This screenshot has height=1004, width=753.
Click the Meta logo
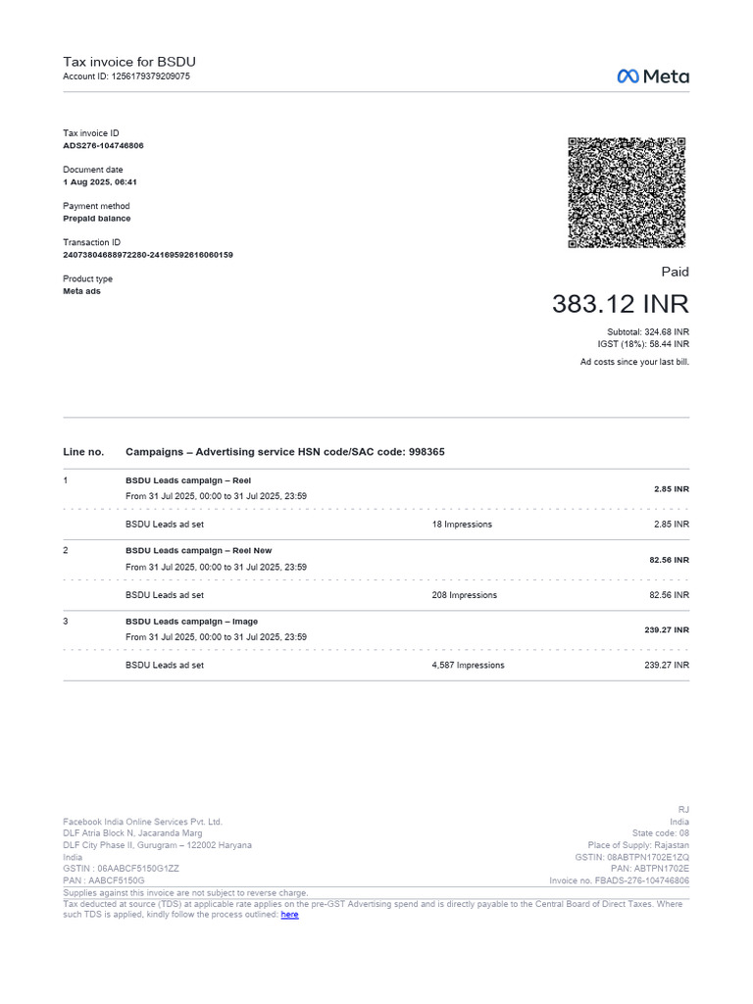coord(652,76)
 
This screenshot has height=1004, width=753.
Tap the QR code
coord(627,192)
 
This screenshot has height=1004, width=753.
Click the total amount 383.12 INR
coord(620,304)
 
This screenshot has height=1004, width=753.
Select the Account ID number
coord(144,76)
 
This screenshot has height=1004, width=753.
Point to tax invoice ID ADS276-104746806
coord(103,145)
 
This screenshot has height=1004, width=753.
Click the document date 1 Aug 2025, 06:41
coord(100,182)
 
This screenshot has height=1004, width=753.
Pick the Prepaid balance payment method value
coord(97,219)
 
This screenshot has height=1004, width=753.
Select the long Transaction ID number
coord(148,255)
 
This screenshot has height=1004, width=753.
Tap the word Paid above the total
coord(675,272)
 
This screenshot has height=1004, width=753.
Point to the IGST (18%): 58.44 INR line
coord(643,344)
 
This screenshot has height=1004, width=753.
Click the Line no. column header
coord(83,452)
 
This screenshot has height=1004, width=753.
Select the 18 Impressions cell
coord(462,525)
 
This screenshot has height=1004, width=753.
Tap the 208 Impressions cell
coord(464,595)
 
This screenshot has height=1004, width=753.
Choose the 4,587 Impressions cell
coord(468,665)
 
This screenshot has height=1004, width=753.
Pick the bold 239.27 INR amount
coord(667,629)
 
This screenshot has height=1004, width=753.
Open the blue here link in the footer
coord(289,915)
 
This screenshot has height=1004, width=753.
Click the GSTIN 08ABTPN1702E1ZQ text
coord(632,857)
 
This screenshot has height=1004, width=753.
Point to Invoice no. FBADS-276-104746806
coord(619,880)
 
